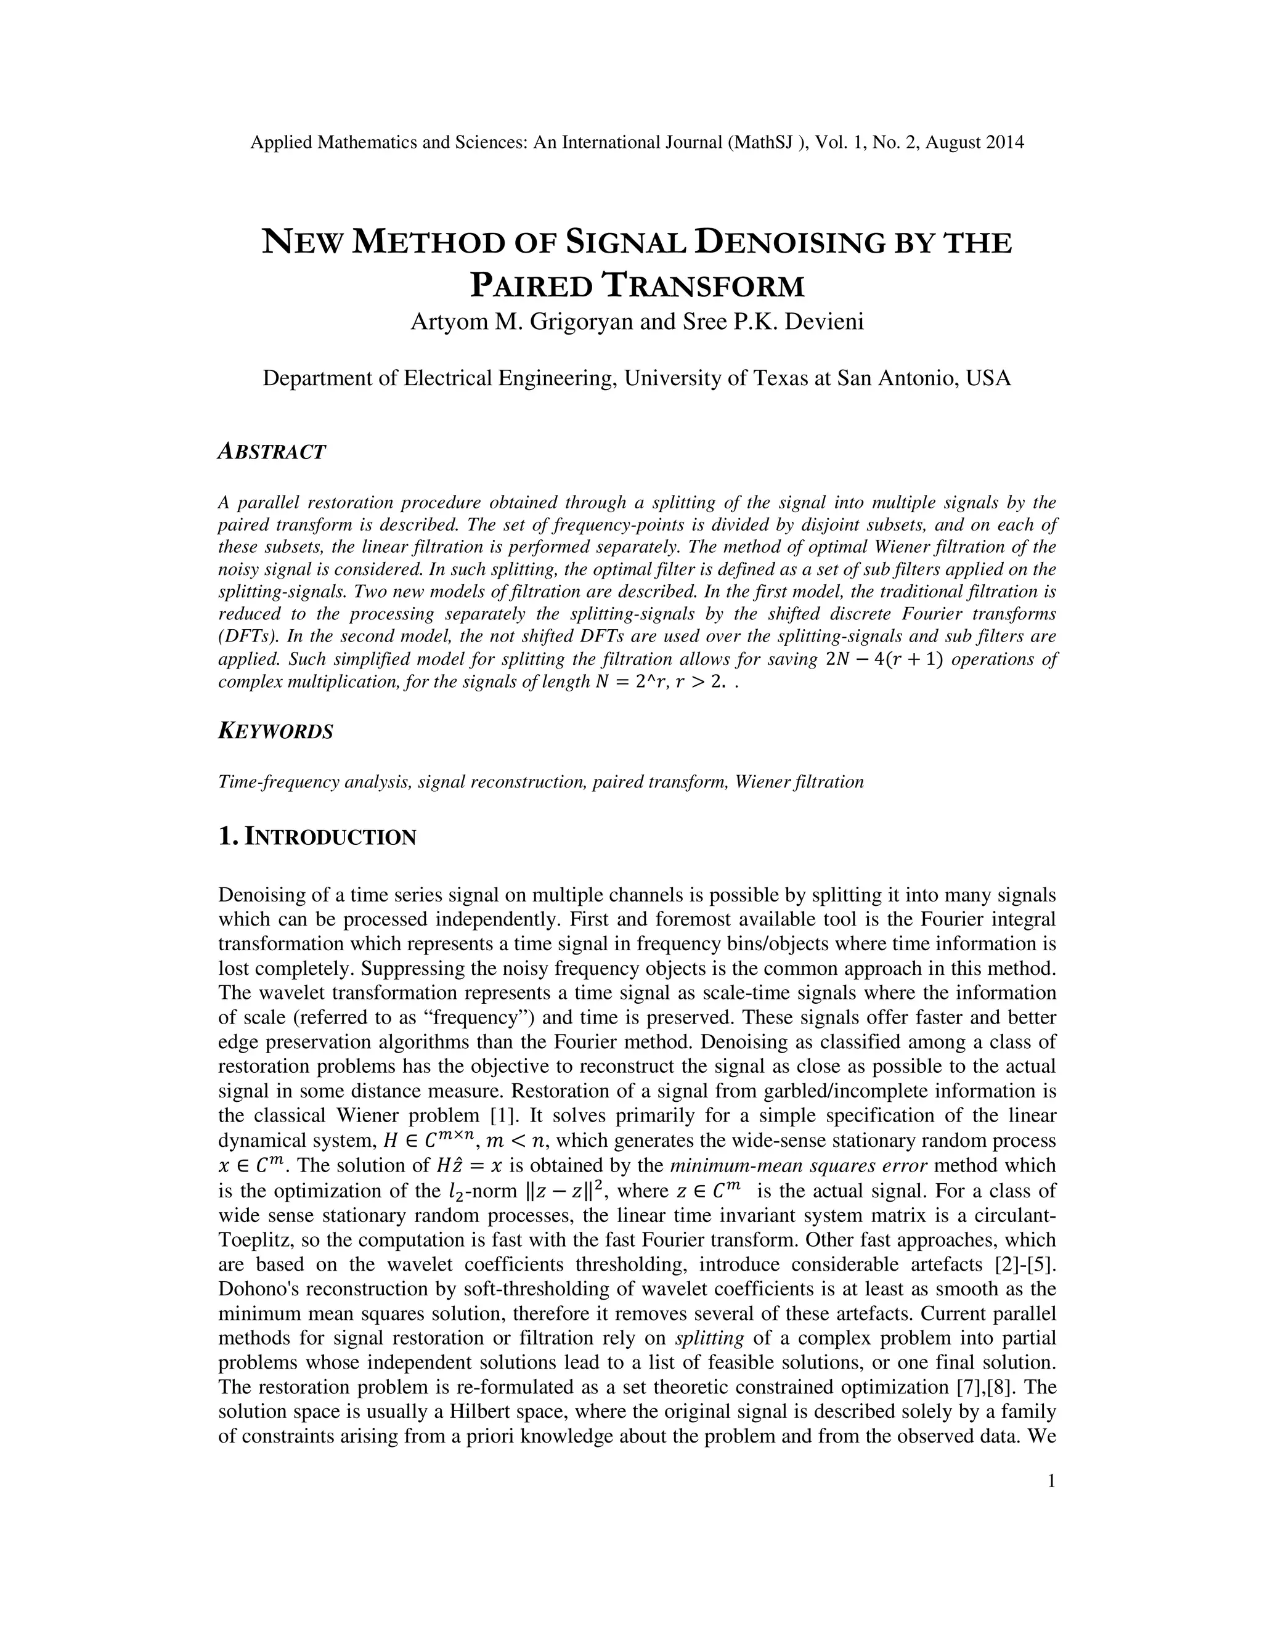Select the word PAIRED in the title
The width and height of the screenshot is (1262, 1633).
(x=533, y=287)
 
